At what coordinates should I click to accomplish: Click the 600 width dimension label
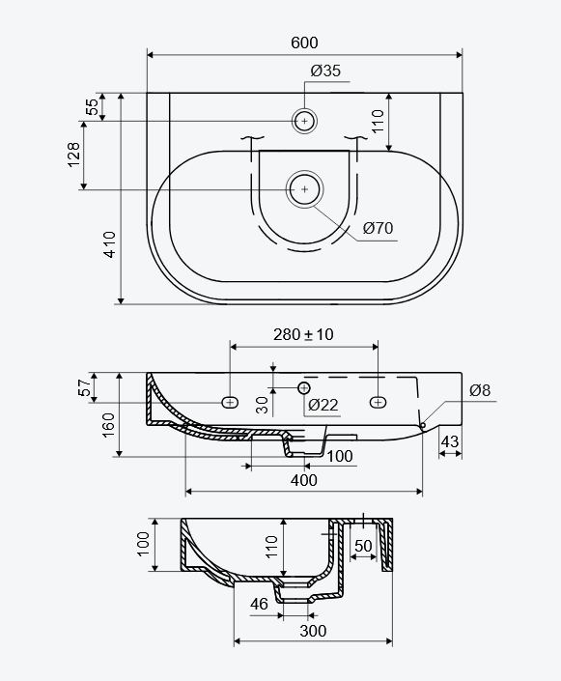[x=304, y=43]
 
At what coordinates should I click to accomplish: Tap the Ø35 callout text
[x=325, y=71]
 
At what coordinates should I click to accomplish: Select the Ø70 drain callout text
[x=378, y=228]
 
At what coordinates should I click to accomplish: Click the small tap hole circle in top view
[x=304, y=121]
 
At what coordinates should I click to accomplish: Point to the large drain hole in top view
[x=304, y=189]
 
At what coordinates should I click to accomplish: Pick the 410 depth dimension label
[x=110, y=244]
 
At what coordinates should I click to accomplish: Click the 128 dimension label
[x=73, y=155]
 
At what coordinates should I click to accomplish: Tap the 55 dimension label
[x=93, y=107]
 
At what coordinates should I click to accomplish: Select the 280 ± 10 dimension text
[x=303, y=334]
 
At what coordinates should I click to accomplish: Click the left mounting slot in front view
[x=230, y=403]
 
